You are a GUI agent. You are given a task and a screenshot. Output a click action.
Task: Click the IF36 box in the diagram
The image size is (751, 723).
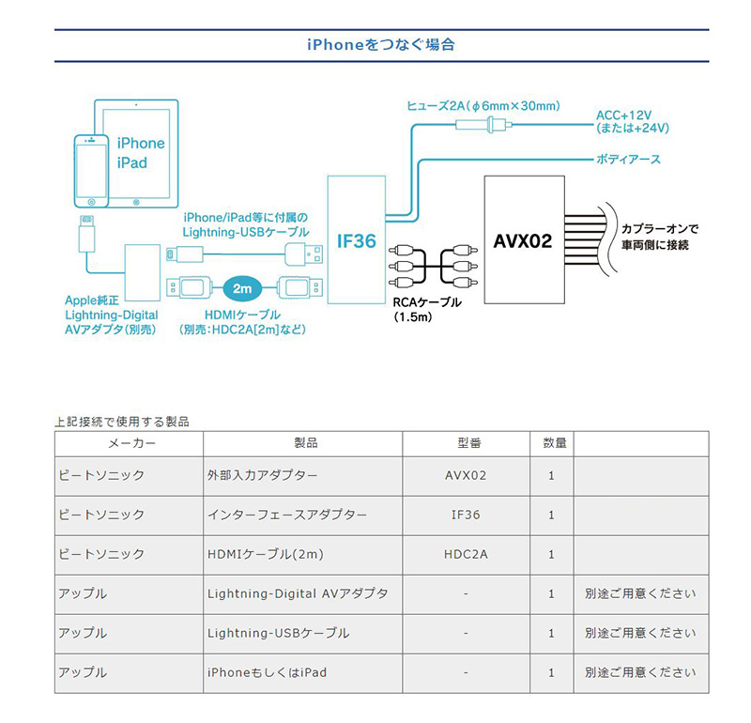(x=357, y=241)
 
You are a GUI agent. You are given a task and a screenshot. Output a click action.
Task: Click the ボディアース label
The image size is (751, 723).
(x=628, y=160)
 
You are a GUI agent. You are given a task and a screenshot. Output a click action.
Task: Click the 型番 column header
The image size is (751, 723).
(x=466, y=443)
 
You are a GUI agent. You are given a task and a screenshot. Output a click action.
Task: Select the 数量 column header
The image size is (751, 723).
(x=552, y=443)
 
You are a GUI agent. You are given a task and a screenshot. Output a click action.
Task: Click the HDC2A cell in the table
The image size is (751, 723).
(x=466, y=554)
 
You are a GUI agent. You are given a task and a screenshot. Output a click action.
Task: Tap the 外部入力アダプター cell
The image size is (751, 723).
(x=262, y=475)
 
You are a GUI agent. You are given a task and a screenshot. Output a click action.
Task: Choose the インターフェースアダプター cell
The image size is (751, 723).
(x=286, y=515)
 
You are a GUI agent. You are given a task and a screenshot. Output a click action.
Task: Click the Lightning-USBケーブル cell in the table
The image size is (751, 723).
(x=278, y=633)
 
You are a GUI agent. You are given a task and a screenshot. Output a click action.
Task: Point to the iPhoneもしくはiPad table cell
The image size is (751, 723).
(x=267, y=672)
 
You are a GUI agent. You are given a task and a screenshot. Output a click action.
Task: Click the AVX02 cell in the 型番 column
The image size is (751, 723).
(x=466, y=475)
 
